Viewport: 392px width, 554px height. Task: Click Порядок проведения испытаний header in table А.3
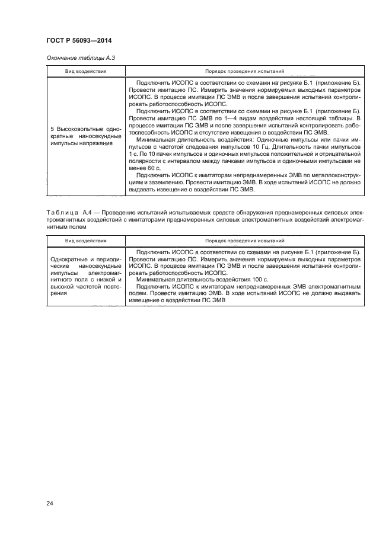(x=244, y=71)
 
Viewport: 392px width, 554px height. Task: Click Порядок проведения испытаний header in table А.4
(x=244, y=241)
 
